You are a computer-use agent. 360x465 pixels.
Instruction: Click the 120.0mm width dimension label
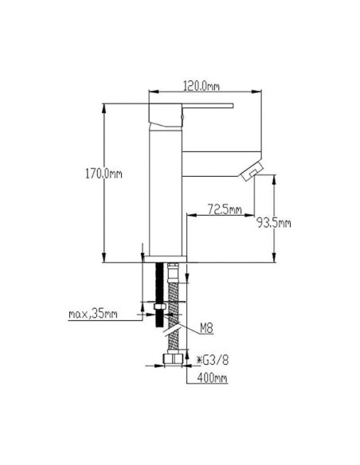point(202,86)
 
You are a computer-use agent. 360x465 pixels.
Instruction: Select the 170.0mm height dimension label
point(104,174)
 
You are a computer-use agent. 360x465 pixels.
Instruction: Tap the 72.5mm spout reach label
point(225,209)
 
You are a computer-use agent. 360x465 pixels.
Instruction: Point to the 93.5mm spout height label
point(273,222)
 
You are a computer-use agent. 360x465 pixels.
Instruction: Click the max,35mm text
point(93,314)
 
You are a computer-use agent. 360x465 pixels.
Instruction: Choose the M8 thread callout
point(206,328)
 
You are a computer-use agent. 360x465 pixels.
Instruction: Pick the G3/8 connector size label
point(213,360)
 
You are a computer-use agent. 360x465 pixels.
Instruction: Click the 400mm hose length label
point(213,377)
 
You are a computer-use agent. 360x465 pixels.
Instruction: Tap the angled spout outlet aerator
point(252,170)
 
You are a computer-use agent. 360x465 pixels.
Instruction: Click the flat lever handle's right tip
point(233,106)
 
